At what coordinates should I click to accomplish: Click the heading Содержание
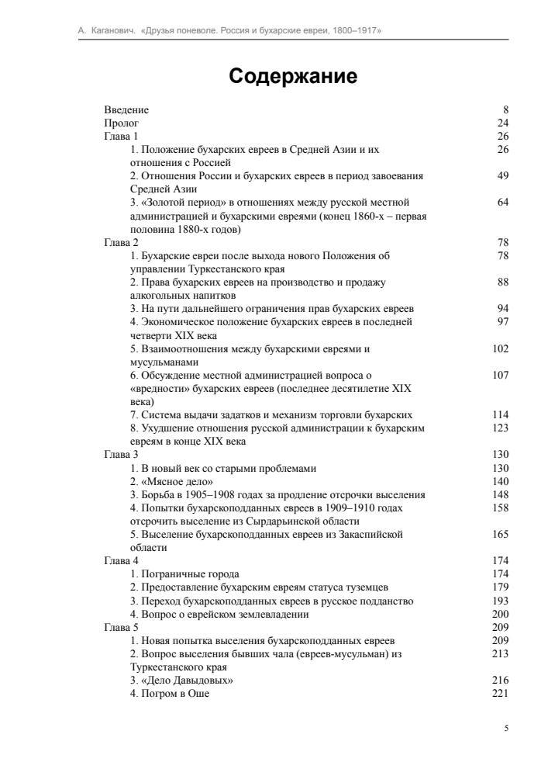(x=293, y=77)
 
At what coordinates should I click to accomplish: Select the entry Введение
(x=126, y=110)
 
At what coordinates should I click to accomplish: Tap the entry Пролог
(x=122, y=123)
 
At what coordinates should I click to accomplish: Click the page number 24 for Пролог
(x=503, y=123)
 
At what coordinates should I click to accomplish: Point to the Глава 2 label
(x=122, y=243)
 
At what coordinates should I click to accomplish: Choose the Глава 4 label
(x=122, y=559)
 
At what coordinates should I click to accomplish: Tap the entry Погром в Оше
(x=174, y=693)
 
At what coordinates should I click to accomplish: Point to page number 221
(x=501, y=693)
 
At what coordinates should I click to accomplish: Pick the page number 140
(x=501, y=481)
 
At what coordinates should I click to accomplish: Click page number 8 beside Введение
(x=506, y=110)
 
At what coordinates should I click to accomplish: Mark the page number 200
(x=501, y=614)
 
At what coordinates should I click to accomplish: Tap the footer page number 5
(x=506, y=729)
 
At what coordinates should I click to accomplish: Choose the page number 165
(x=501, y=535)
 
